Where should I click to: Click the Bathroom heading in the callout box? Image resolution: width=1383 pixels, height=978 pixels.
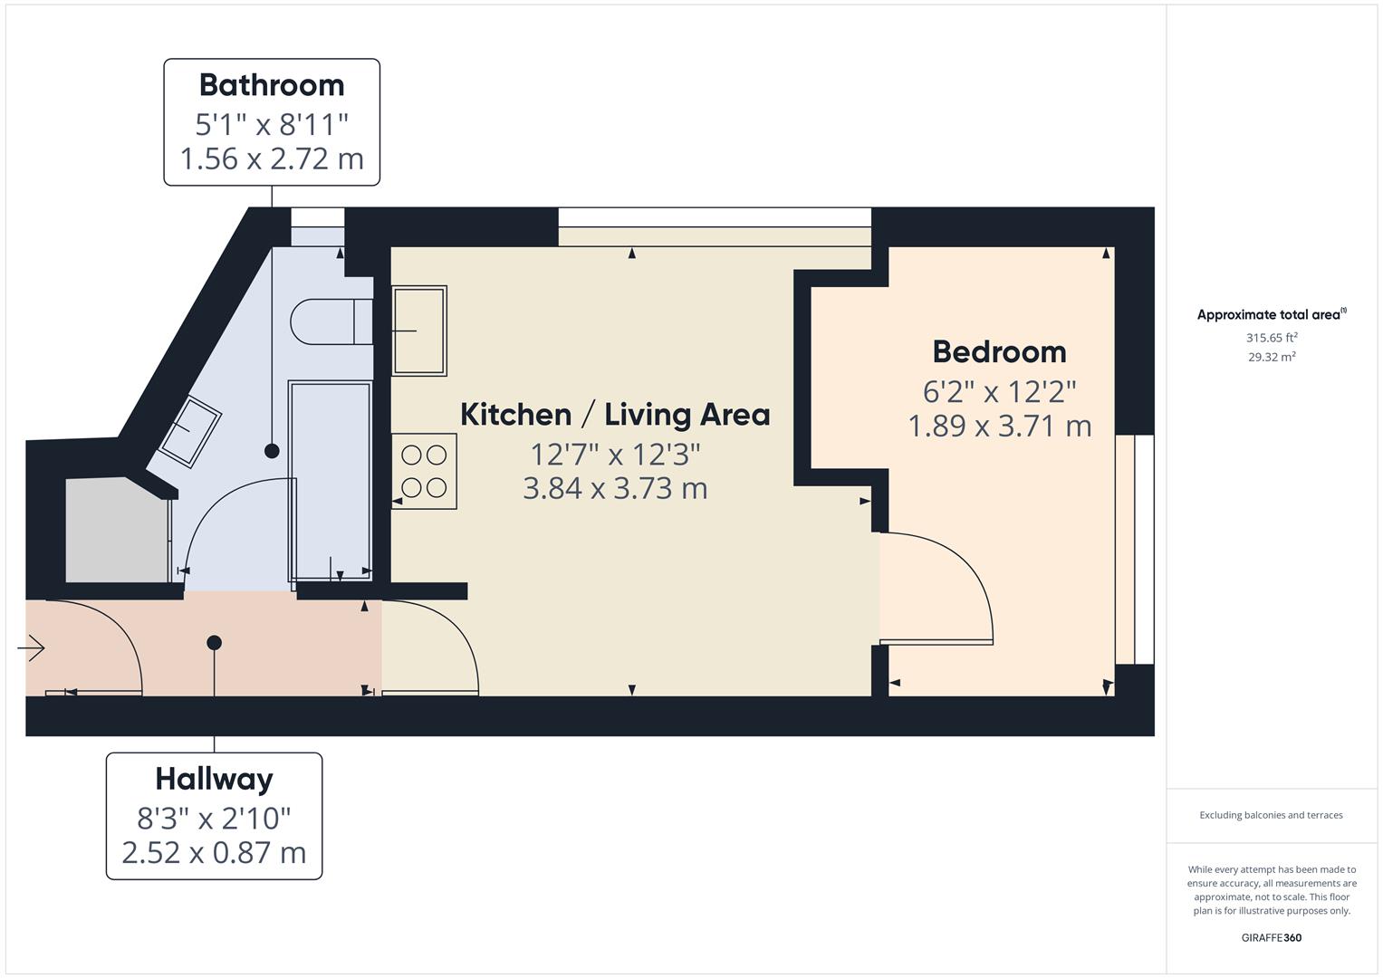(x=272, y=85)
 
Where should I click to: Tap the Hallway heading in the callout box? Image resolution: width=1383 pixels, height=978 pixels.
(x=214, y=779)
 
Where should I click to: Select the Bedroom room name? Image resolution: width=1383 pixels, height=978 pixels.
(x=999, y=351)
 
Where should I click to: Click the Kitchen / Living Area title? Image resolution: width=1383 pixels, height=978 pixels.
(x=615, y=415)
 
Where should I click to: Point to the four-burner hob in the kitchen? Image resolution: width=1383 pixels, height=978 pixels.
(x=424, y=472)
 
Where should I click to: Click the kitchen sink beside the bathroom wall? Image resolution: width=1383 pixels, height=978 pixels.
(x=418, y=331)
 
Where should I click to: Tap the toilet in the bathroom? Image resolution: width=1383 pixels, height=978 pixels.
(x=331, y=321)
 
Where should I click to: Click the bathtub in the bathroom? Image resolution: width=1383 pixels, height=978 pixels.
(x=330, y=480)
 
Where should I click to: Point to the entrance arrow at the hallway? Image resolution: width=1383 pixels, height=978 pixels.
(x=32, y=647)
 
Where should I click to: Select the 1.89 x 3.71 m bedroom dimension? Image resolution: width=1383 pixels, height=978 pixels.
(x=999, y=426)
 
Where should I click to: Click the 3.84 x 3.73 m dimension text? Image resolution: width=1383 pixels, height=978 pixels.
(x=615, y=489)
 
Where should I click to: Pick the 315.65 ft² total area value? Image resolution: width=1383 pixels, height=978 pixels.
(x=1271, y=338)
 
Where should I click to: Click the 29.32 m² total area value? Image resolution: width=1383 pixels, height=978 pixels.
(x=1271, y=357)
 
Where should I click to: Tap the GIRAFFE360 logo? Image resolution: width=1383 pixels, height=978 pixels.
(x=1271, y=937)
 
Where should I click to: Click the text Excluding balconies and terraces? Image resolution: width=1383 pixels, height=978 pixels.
(x=1271, y=815)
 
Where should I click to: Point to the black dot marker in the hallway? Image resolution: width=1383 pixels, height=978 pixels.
(x=214, y=643)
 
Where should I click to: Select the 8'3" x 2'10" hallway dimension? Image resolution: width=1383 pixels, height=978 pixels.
(x=214, y=819)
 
